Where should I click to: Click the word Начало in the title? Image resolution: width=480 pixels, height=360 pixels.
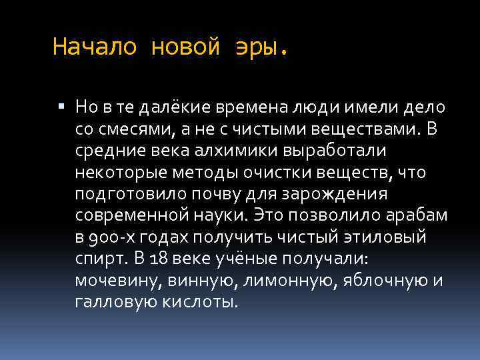94,47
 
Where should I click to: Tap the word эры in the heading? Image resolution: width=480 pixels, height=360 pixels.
260,47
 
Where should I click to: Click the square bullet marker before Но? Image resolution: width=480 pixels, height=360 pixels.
61,105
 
